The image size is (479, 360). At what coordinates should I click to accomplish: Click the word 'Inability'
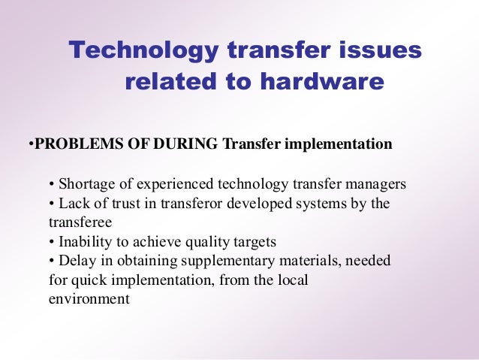click(x=85, y=242)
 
